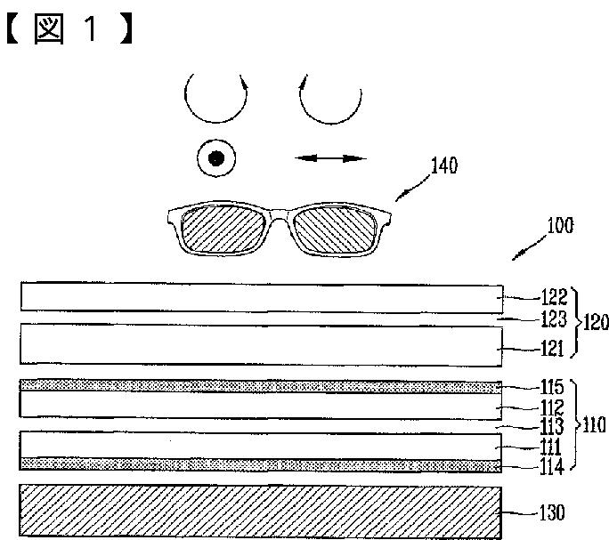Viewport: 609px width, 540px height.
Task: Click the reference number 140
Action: coord(444,166)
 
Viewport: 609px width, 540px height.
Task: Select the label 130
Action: coord(551,513)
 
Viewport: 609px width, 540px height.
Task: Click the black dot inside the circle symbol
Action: coord(215,160)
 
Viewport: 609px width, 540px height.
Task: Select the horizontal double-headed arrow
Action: coord(331,158)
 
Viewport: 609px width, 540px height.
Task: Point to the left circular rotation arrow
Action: coord(213,100)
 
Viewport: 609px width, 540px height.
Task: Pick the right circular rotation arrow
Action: coord(330,100)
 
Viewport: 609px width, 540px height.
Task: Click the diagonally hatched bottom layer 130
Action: coord(258,511)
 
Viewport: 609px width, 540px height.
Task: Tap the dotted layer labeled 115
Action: coord(258,386)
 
